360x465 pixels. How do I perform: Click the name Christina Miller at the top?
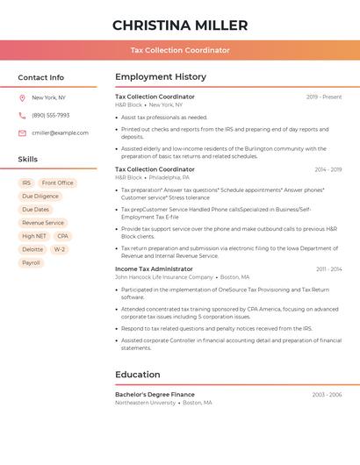point(180,25)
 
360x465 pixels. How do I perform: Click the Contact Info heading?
point(40,77)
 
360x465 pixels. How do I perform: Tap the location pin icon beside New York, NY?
point(22,97)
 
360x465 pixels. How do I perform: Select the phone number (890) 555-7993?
point(50,115)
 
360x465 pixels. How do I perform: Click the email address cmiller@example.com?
point(60,132)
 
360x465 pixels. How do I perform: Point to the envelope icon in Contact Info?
point(22,132)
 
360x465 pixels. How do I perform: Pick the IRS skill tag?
point(26,182)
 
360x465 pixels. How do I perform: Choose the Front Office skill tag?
point(58,182)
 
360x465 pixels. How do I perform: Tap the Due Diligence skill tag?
point(40,197)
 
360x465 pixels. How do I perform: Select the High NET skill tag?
point(34,236)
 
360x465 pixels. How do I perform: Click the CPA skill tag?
point(62,236)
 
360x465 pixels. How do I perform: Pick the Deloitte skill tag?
point(32,249)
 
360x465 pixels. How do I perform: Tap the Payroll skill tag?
point(31,262)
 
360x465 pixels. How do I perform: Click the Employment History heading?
point(161,77)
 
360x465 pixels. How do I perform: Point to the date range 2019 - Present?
point(324,97)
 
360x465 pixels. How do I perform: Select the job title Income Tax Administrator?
point(154,268)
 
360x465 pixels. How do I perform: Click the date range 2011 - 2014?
point(329,268)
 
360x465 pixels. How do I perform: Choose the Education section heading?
point(138,375)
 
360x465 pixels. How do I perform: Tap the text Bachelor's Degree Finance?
point(155,395)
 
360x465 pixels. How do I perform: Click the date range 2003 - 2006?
point(327,395)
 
